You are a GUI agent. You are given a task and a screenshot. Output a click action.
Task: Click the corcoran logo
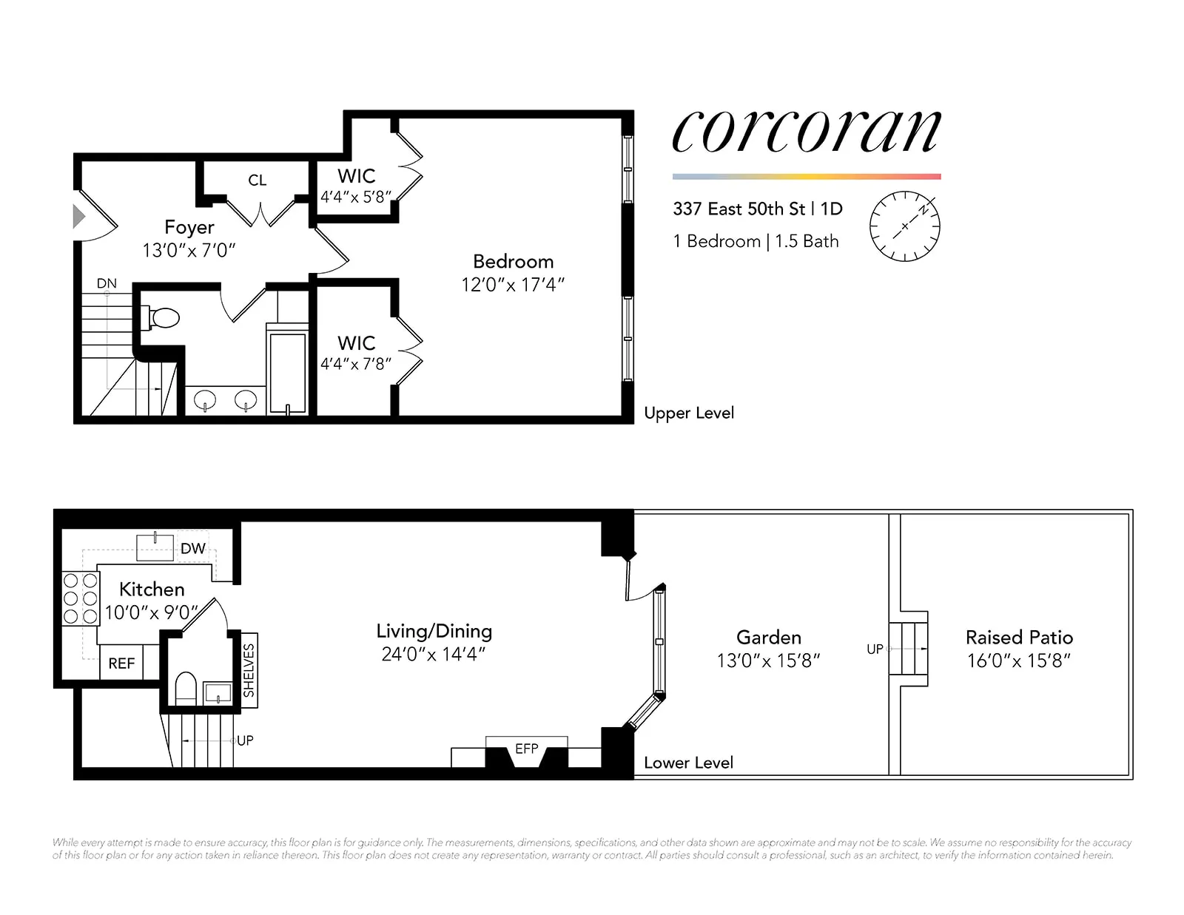pyautogui.click(x=806, y=131)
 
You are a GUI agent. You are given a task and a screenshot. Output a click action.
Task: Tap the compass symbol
pyautogui.click(x=904, y=226)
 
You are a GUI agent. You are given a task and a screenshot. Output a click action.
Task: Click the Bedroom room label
pyautogui.click(x=513, y=261)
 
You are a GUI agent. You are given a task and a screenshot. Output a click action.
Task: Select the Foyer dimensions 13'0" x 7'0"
pyautogui.click(x=189, y=250)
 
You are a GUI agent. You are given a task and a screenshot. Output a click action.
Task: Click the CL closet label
pyautogui.click(x=257, y=180)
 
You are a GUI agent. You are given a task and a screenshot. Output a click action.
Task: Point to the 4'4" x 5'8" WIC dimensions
pyautogui.click(x=355, y=197)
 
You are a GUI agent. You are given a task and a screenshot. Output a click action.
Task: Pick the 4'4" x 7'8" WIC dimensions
pyautogui.click(x=355, y=364)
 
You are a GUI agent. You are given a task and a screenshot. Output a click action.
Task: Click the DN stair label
pyautogui.click(x=107, y=283)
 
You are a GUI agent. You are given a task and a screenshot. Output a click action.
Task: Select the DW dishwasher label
pyautogui.click(x=192, y=548)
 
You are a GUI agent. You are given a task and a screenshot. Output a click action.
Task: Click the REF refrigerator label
pyautogui.click(x=121, y=664)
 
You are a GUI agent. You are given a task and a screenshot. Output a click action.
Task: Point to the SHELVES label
pyautogui.click(x=249, y=670)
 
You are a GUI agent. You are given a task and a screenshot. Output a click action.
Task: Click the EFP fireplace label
pyautogui.click(x=526, y=749)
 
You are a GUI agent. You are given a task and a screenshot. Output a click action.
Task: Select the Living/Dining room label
pyautogui.click(x=434, y=631)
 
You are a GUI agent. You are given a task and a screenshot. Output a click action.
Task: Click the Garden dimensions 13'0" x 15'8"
pyautogui.click(x=768, y=660)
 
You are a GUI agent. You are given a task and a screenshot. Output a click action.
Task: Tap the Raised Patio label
pyautogui.click(x=1018, y=638)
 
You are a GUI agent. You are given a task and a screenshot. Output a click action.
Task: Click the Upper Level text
pyautogui.click(x=688, y=413)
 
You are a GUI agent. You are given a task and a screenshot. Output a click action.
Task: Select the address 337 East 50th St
pyautogui.click(x=739, y=209)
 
